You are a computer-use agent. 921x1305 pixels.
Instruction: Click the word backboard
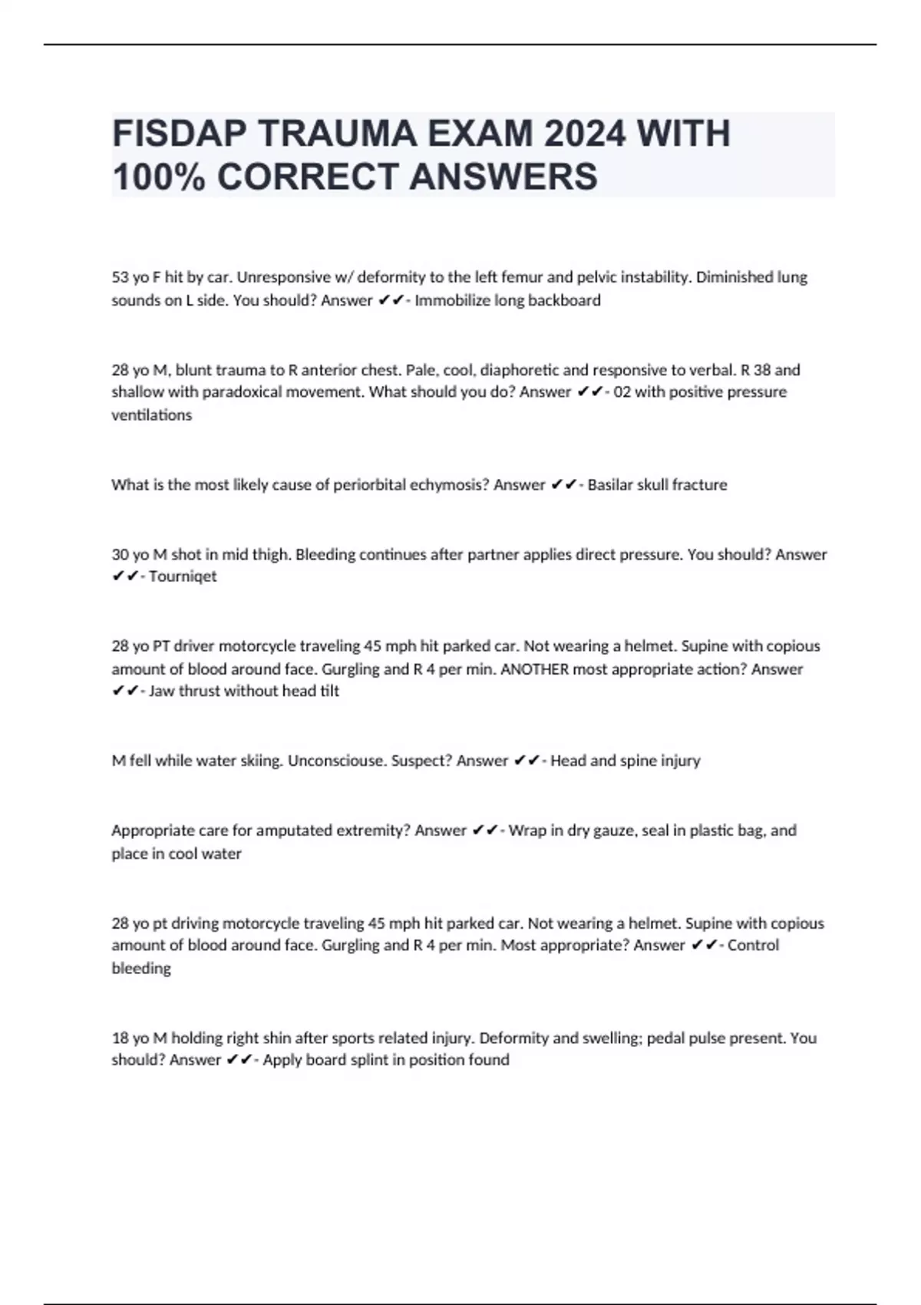(x=564, y=300)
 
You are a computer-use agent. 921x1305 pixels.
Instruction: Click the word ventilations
(x=151, y=415)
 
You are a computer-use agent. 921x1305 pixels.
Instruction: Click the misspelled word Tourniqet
(x=183, y=577)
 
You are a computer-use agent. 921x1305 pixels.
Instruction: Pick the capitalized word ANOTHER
(x=534, y=669)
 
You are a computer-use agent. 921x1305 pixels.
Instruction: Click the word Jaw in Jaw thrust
(x=162, y=691)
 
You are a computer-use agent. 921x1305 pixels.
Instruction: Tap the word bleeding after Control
(x=141, y=969)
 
